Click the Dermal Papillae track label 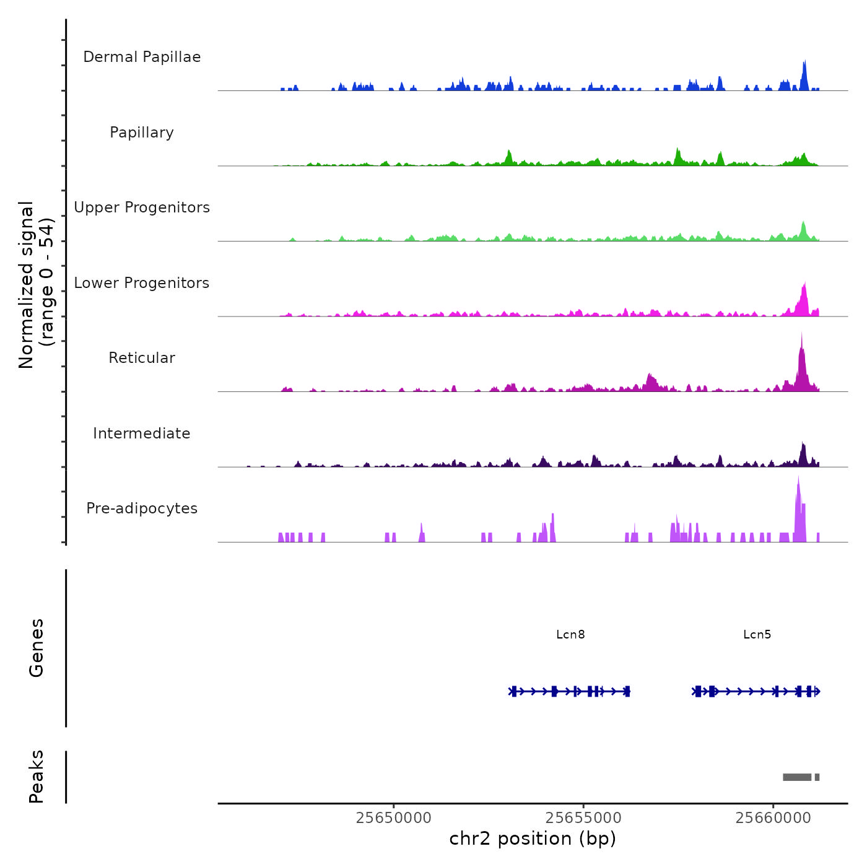click(x=142, y=57)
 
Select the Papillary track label click(x=142, y=133)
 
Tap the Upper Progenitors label click(x=142, y=207)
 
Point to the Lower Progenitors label click(x=142, y=283)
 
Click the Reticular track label click(x=142, y=358)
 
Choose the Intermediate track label click(x=142, y=434)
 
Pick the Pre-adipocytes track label click(x=142, y=508)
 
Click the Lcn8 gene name click(x=570, y=634)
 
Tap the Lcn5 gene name click(x=757, y=634)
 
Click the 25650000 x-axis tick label click(x=394, y=818)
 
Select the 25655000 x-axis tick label click(x=583, y=818)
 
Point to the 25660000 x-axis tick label click(x=773, y=818)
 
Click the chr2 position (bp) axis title click(x=533, y=839)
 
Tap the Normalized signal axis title click(x=26, y=285)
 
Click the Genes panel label click(x=37, y=648)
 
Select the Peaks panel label click(x=37, y=777)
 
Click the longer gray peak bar click(x=797, y=777)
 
